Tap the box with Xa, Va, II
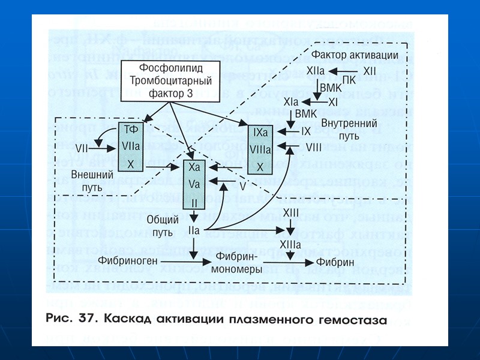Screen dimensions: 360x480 194,185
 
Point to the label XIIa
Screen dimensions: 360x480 316,71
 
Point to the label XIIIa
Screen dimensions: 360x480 292,245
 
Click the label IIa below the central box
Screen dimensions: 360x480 194,230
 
